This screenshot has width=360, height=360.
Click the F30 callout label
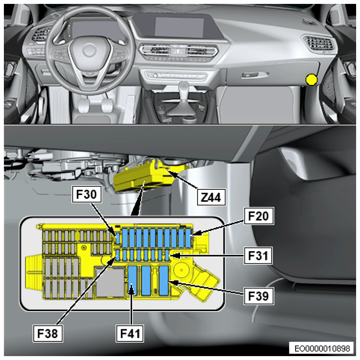coord(87,194)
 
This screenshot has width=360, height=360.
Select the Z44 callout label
coord(211,197)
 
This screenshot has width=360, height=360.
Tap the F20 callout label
coord(259,216)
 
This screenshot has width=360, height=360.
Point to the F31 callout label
coord(258,256)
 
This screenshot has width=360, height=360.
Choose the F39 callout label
coord(259,296)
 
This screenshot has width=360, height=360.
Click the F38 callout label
coord(48,333)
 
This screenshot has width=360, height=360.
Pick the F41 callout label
coord(130,333)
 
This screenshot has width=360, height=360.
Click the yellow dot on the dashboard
coord(312,80)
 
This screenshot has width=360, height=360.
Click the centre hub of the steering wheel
coord(89,50)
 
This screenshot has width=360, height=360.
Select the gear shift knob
coord(184,87)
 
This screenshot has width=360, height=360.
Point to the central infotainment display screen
coord(179,27)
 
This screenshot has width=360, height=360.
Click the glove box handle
coord(255,75)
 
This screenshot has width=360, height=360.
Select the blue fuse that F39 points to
coord(164,280)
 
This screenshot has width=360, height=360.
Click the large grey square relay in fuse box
coord(110,282)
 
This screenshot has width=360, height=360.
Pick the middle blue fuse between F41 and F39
coord(146,280)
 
